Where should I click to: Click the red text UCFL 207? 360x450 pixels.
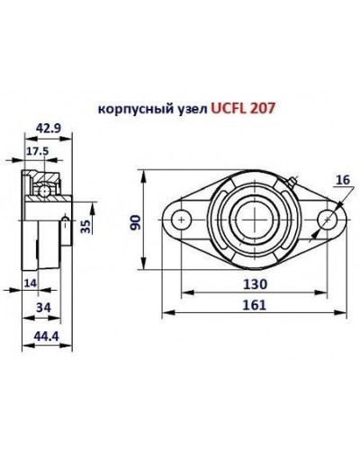[x=244, y=109]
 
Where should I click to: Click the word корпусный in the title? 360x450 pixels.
[x=127, y=110]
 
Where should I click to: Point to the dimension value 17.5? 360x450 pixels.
[x=37, y=152]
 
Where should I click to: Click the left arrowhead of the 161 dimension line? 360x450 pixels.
[x=165, y=314]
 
